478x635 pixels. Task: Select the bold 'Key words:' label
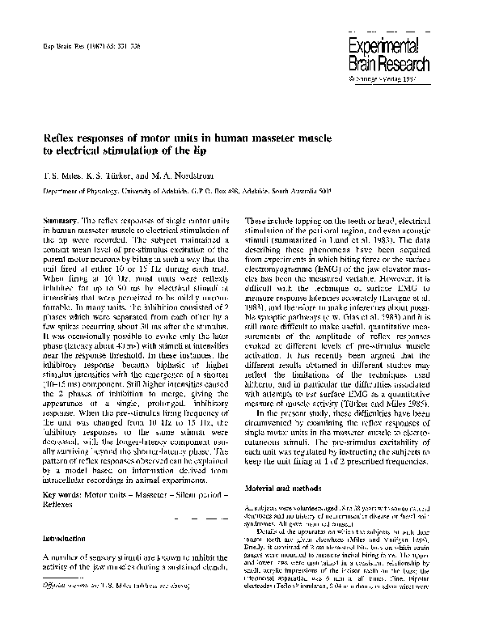(60, 492)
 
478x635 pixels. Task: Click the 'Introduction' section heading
(63, 537)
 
